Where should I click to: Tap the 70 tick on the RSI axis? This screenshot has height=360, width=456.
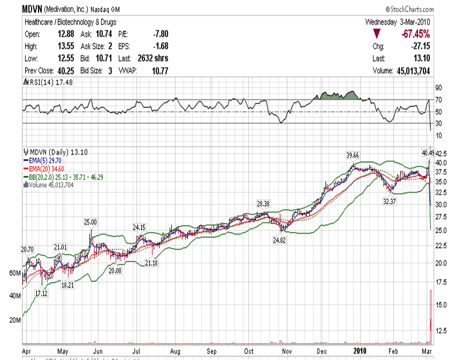pyautogui.click(x=437, y=100)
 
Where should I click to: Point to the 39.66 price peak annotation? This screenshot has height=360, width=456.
pyautogui.click(x=352, y=155)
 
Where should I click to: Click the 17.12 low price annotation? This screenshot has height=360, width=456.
pyautogui.click(x=41, y=294)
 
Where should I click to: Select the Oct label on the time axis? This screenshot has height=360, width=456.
pyautogui.click(x=250, y=350)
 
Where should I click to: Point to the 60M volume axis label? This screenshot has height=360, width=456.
pyautogui.click(x=15, y=273)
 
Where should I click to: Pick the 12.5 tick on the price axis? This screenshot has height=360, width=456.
pyautogui.click(x=438, y=331)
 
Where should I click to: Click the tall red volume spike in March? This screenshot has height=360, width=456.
pyautogui.click(x=430, y=316)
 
